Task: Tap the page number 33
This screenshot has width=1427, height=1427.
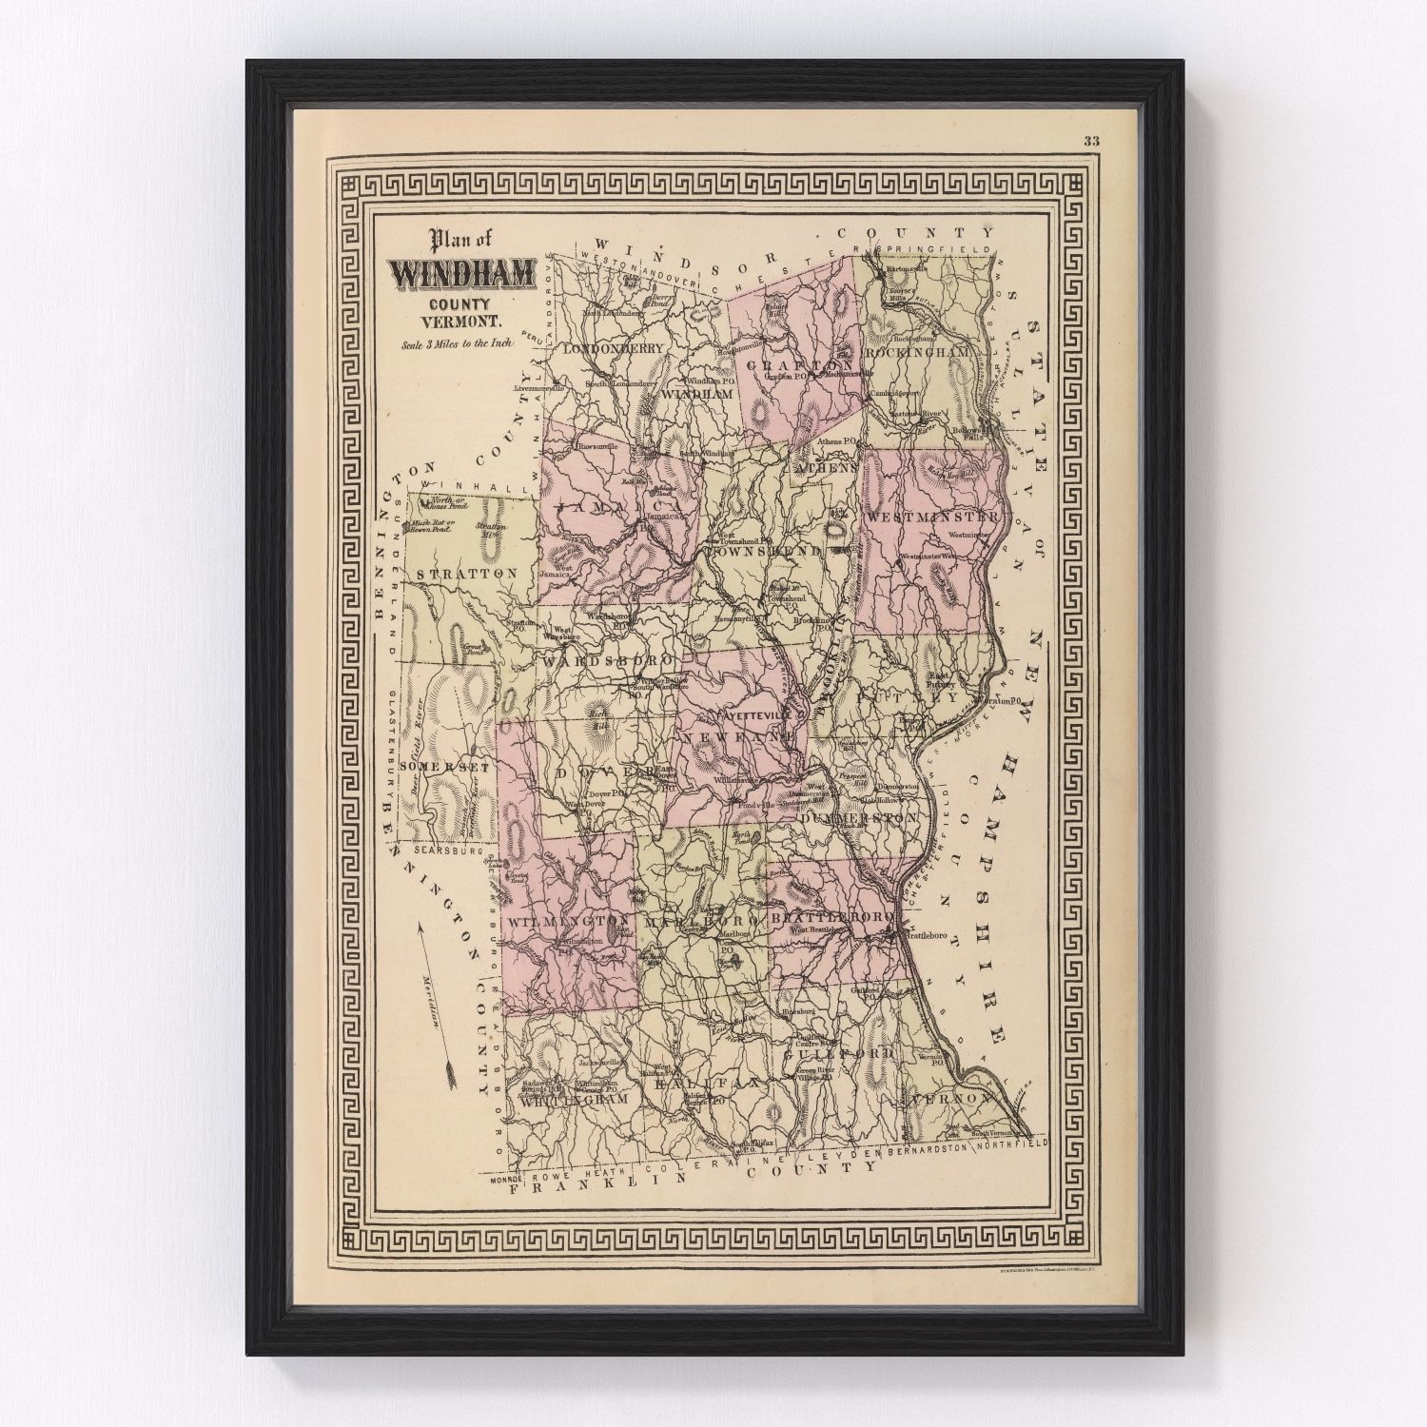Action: pos(1091,143)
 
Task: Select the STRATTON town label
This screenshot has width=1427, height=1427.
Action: pos(466,574)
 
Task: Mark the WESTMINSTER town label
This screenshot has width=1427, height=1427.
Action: pos(931,517)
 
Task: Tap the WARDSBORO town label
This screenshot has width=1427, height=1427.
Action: pos(609,659)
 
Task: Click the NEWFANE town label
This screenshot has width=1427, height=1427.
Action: pos(738,737)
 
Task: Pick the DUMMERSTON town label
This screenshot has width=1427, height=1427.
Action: pos(858,818)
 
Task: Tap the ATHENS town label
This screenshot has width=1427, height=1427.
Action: pos(827,467)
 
